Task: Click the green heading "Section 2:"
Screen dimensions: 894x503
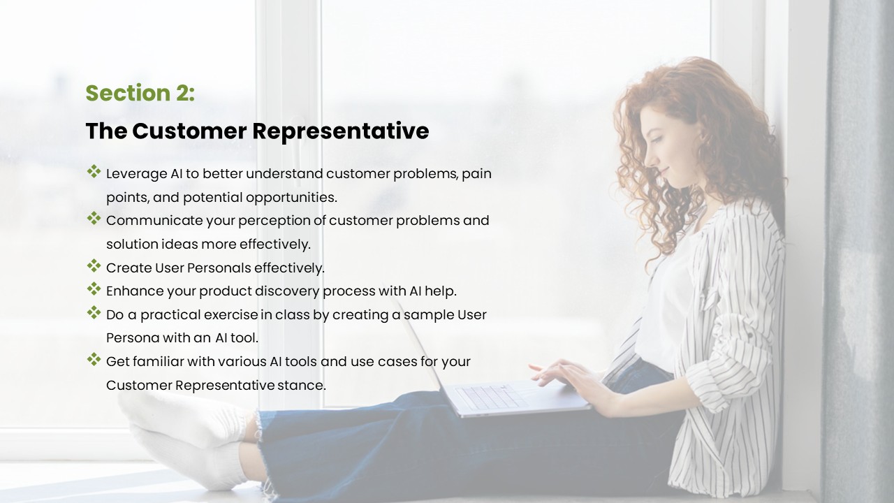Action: (x=140, y=93)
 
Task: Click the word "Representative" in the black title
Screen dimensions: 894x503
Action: (x=341, y=131)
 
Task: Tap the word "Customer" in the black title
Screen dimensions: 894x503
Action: (x=189, y=131)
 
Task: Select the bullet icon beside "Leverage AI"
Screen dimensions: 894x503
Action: (x=94, y=171)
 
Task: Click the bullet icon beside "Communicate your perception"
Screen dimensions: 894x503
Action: (x=94, y=218)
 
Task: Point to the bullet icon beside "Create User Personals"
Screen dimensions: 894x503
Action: (x=94, y=265)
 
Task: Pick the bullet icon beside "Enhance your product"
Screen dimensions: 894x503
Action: (x=94, y=289)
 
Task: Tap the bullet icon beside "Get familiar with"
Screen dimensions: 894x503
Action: (x=94, y=359)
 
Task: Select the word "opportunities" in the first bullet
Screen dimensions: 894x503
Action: (x=291, y=198)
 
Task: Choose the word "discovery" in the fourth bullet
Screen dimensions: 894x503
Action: (x=287, y=291)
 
